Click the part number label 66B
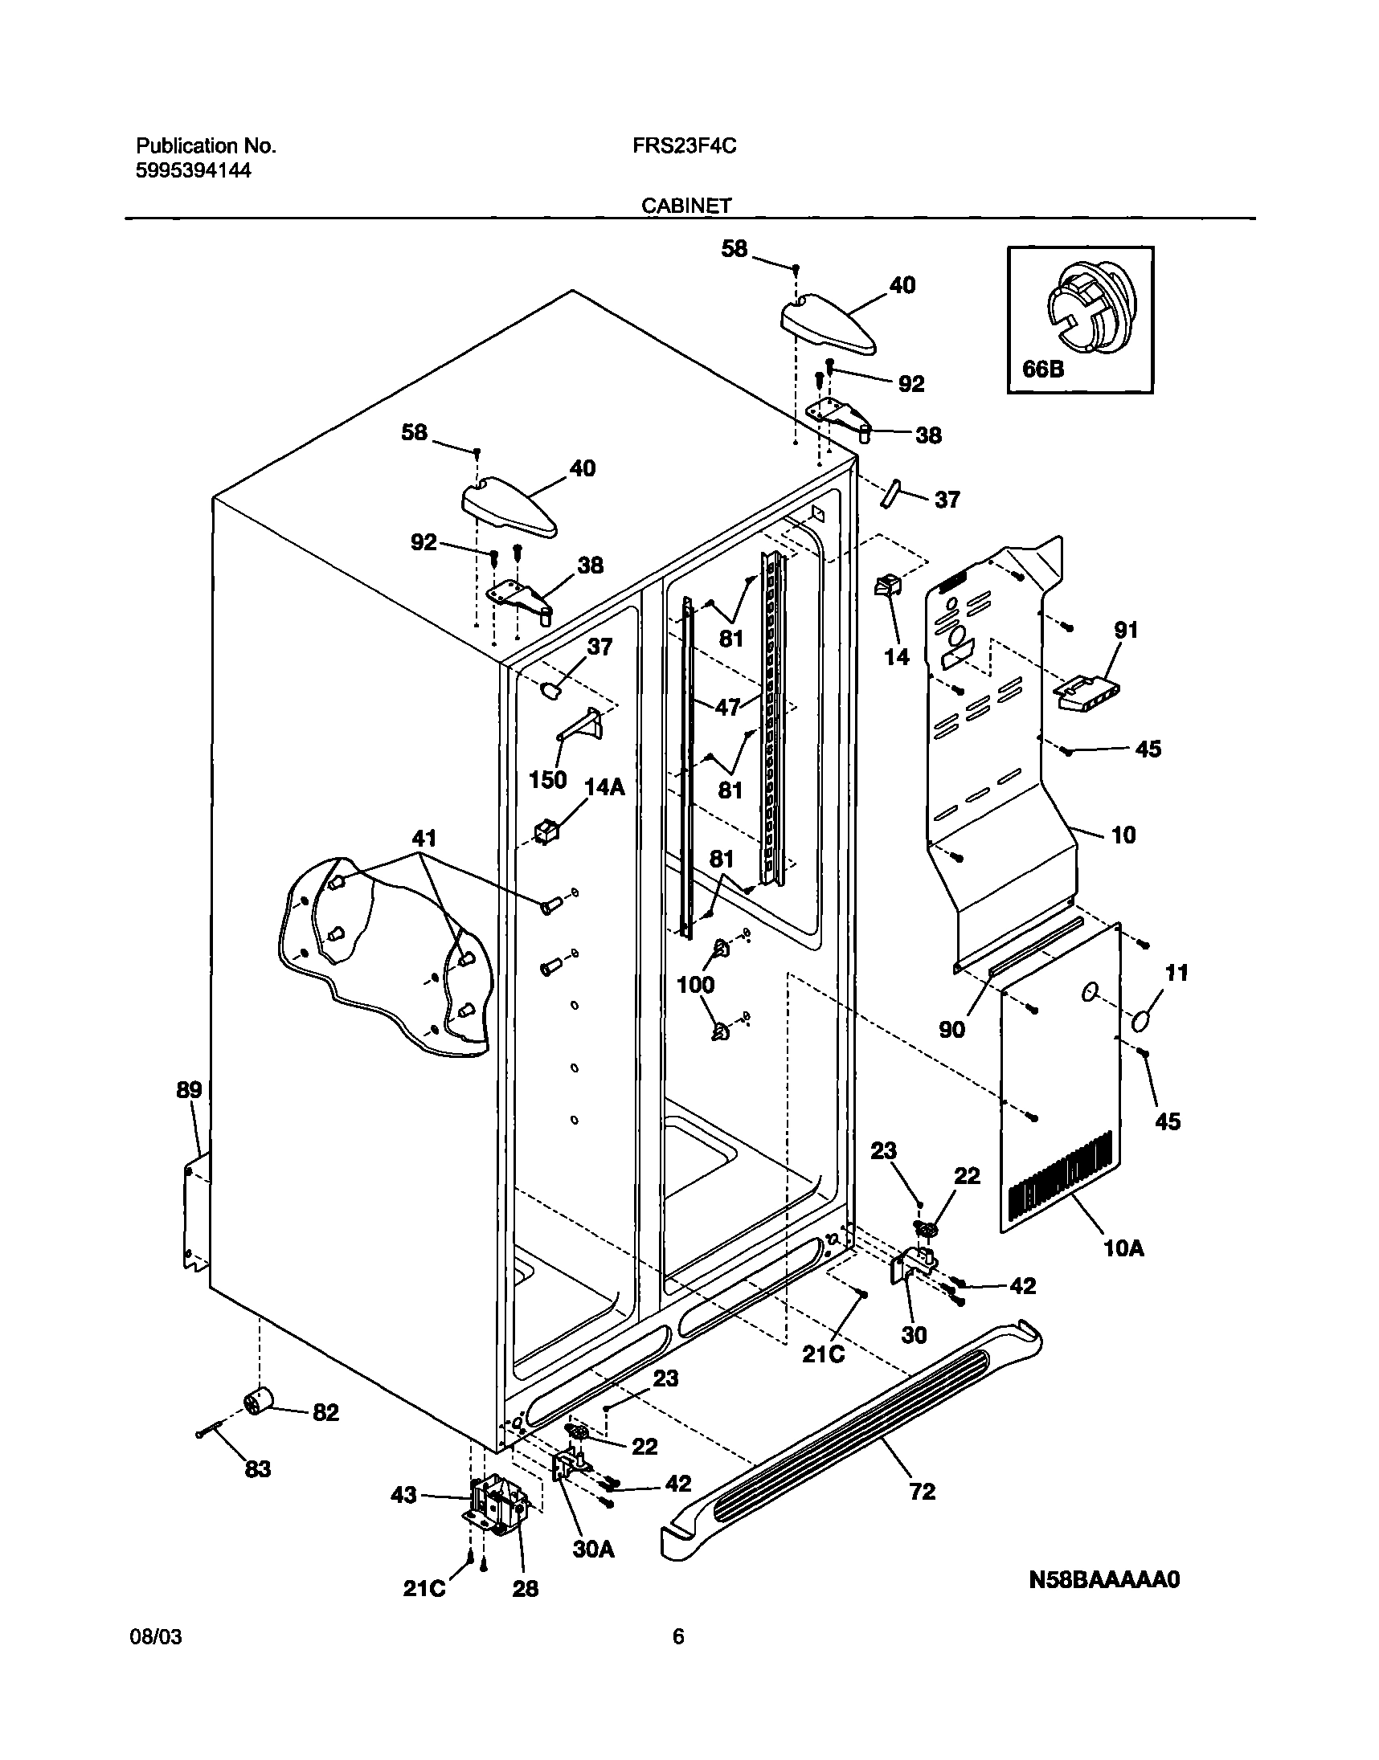1043,369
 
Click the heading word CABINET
686,206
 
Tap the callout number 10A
1124,1248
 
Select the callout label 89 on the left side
189,1090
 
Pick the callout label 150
547,779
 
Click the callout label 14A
605,786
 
